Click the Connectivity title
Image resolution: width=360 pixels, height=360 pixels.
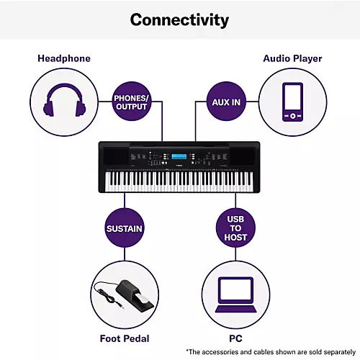pos(180,19)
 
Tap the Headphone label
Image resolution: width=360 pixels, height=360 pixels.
pos(64,58)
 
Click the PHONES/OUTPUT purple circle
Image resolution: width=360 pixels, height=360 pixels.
pos(131,102)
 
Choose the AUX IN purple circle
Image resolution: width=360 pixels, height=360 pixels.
pos(227,102)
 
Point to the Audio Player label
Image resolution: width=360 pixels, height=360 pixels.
pos(292,58)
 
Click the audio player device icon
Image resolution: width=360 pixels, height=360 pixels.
pos(292,102)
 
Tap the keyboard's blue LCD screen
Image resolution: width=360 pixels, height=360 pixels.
pos(179,158)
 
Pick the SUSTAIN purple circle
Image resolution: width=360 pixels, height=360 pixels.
pos(125,229)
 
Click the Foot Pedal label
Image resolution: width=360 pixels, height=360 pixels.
pos(125,338)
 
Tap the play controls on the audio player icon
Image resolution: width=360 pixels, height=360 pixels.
pos(292,115)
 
